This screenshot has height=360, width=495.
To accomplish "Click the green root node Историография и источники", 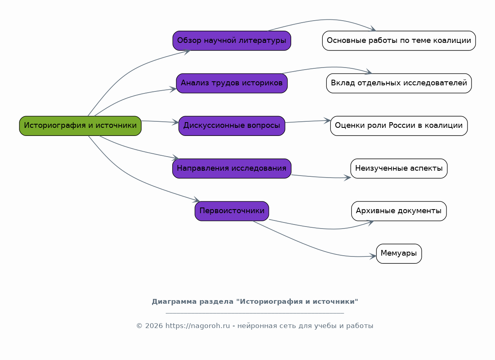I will (x=80, y=125).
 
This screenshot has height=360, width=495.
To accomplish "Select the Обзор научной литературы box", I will (x=232, y=40).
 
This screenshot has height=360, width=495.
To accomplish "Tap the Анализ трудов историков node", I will (x=232, y=83).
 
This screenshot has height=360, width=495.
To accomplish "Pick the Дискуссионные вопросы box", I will (x=232, y=125).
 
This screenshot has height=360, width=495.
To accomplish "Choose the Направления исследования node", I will (x=232, y=168).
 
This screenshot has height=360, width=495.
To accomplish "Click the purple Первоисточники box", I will (x=232, y=211).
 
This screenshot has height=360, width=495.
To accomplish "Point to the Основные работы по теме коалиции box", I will (x=399, y=40).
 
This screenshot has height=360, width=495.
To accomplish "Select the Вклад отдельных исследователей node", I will (x=399, y=83).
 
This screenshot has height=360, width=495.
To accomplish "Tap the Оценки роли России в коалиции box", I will (x=399, y=125).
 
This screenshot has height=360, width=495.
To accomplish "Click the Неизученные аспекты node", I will (x=399, y=168).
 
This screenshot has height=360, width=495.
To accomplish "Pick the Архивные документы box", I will (x=399, y=211).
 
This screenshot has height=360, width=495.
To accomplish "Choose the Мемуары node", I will (x=399, y=254).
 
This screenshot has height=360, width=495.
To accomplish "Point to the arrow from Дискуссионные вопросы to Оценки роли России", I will (x=307, y=121).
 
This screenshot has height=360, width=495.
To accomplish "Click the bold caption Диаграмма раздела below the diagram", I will (x=255, y=302).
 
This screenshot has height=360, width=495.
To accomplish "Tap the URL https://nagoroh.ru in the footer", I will (x=197, y=326).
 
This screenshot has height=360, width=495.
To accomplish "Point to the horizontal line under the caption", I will (x=255, y=313).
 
